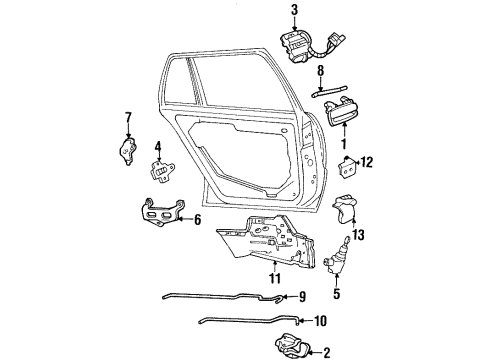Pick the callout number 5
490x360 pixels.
point(336,293)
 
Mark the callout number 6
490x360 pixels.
point(197,219)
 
